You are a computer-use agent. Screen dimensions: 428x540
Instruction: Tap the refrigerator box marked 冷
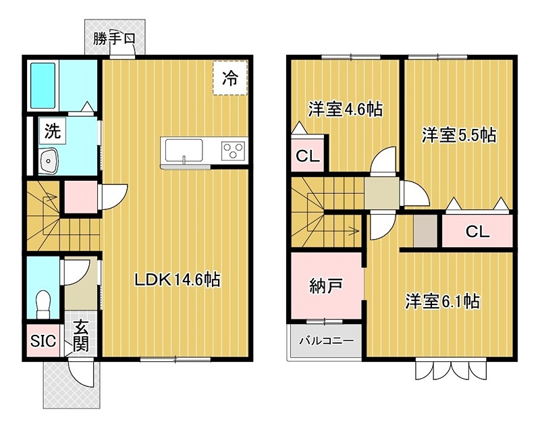point(230,78)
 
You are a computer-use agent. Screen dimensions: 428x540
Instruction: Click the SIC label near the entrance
point(44,340)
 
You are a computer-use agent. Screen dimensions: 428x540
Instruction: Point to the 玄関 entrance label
point(81,336)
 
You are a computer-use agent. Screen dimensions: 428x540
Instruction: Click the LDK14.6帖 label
point(178,279)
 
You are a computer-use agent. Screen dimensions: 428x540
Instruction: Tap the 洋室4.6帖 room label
point(345,109)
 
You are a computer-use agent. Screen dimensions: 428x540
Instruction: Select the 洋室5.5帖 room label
point(459,135)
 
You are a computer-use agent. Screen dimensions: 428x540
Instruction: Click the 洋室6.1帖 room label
point(442,300)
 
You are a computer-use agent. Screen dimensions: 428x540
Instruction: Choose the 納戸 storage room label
point(327,286)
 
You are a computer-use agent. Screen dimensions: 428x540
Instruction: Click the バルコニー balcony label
point(327,342)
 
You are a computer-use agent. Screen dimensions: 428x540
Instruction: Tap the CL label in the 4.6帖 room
point(308,157)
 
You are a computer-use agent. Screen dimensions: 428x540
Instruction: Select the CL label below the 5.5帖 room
point(477,232)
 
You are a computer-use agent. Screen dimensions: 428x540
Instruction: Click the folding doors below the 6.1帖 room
point(452,370)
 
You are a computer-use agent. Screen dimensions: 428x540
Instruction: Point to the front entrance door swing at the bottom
point(80,373)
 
